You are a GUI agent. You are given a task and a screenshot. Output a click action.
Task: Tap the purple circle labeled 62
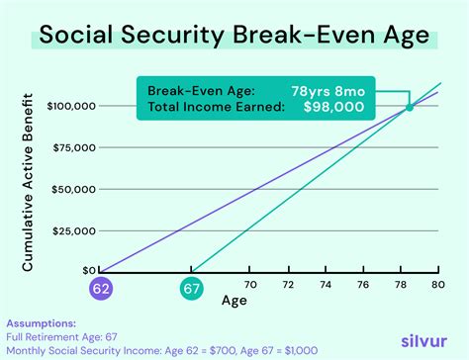tap(100, 289)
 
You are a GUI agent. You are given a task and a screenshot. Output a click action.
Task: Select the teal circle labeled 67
tap(191, 289)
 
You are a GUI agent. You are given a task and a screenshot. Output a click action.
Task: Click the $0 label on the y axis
tap(89, 270)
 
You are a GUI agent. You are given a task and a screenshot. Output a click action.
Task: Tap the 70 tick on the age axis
tap(249, 284)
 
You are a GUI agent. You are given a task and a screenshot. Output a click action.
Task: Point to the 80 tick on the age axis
tap(436, 284)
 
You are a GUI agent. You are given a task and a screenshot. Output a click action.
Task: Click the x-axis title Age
tap(234, 301)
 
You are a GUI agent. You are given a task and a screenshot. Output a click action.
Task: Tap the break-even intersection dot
tap(410, 106)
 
